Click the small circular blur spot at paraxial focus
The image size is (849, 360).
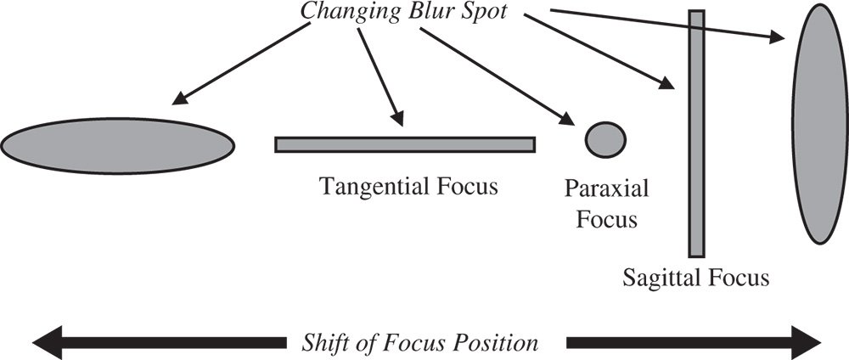pyautogui.click(x=606, y=138)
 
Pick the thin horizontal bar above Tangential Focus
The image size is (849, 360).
pyautogui.click(x=405, y=144)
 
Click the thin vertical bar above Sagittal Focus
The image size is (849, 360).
pyautogui.click(x=696, y=133)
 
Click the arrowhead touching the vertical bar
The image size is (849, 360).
pyautogui.click(x=670, y=83)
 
